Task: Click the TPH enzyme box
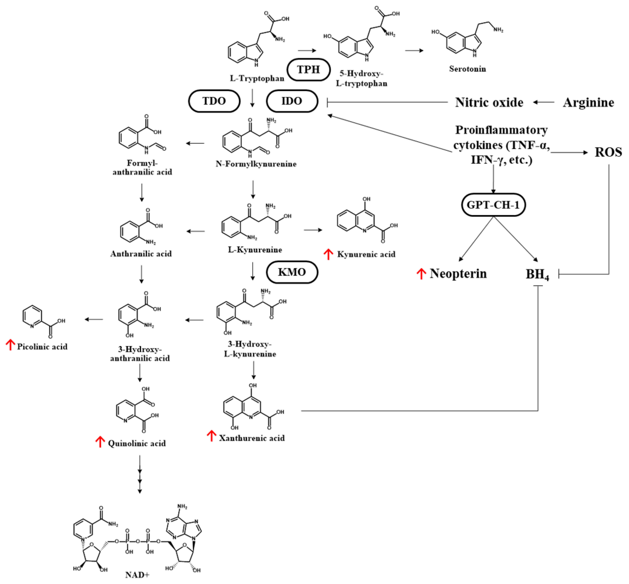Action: (308, 69)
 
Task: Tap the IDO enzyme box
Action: (292, 101)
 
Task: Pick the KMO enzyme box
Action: (292, 272)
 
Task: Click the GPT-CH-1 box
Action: (493, 205)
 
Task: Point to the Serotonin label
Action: (467, 69)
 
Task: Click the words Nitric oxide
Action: (489, 102)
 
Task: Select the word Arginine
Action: (588, 102)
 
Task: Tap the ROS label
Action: (608, 152)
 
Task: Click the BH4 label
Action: (537, 274)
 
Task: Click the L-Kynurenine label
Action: (255, 250)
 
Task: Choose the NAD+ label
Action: (137, 575)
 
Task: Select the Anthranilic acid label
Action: (141, 254)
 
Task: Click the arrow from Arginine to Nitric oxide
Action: (544, 102)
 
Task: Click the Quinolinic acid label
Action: (136, 443)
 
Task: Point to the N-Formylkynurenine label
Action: (256, 164)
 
